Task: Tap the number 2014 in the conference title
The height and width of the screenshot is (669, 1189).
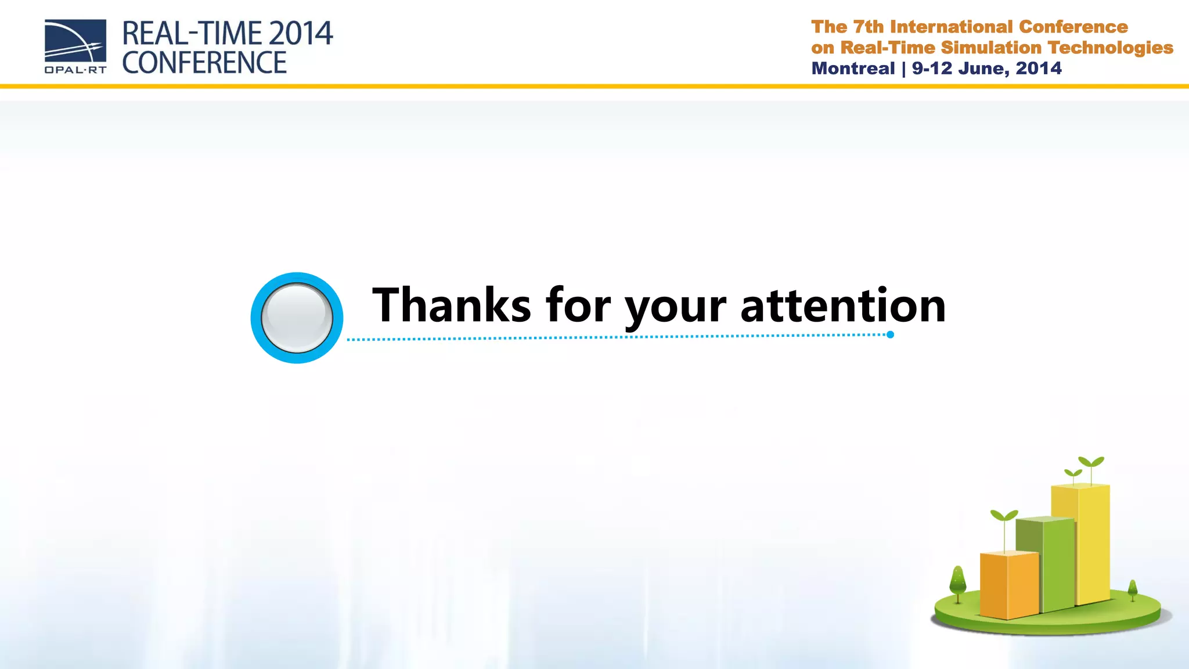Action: (301, 34)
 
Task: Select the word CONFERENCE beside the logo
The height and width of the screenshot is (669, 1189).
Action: (204, 63)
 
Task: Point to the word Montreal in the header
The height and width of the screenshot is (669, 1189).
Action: (853, 69)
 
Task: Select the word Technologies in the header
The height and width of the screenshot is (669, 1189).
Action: (1111, 48)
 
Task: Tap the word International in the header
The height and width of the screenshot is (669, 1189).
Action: (952, 27)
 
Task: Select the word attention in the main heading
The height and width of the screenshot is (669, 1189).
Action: (843, 306)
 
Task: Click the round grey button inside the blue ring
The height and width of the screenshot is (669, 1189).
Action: (297, 318)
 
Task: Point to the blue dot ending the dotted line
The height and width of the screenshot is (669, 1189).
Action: (890, 334)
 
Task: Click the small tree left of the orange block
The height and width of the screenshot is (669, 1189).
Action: (957, 583)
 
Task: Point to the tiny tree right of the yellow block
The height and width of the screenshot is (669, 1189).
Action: (1132, 589)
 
